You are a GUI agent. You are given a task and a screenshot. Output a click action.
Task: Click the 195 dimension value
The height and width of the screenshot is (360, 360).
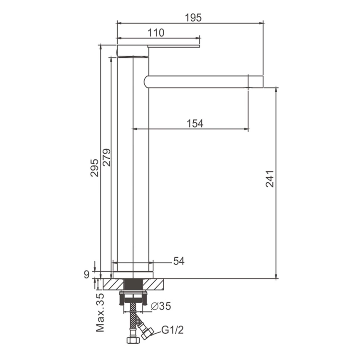point(193,18)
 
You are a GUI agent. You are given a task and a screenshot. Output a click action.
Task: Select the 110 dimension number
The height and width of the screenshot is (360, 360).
point(156,33)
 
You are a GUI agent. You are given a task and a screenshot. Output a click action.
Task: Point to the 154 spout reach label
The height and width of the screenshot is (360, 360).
point(195,123)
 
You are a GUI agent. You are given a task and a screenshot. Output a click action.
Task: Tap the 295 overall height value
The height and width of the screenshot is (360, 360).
point(94,168)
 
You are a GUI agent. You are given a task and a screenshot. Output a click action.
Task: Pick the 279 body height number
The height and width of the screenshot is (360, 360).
point(107,158)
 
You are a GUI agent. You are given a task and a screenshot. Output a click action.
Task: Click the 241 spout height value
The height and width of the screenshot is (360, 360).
point(270,179)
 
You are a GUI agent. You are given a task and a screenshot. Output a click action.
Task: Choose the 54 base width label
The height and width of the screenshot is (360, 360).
point(179,261)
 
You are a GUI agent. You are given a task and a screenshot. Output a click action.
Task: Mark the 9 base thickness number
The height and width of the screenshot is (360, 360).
point(86,274)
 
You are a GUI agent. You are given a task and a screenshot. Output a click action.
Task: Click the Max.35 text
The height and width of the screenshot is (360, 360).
point(100,313)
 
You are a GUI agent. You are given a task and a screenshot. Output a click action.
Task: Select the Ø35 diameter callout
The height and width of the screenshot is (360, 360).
point(161,306)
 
